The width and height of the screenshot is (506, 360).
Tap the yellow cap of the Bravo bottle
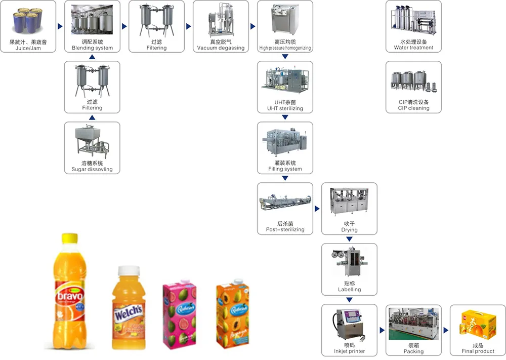tap(70, 238)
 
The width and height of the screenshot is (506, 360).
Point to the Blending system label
tap(92, 48)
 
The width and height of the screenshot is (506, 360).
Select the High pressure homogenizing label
tap(285, 48)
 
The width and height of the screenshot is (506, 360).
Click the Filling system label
tap(285, 169)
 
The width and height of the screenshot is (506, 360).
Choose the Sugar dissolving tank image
tap(92, 142)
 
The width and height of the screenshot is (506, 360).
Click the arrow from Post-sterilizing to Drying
tap(317, 209)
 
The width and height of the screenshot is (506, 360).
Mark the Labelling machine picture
tap(349, 263)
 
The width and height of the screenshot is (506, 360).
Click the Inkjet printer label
tap(349, 351)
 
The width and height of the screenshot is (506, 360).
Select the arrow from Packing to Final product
tap(446, 330)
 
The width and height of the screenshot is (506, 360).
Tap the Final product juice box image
tap(478, 325)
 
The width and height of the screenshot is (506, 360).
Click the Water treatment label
tap(413, 48)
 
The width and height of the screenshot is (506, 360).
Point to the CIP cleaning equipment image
tap(413, 82)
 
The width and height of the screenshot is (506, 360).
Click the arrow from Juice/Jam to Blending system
tap(60, 26)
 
